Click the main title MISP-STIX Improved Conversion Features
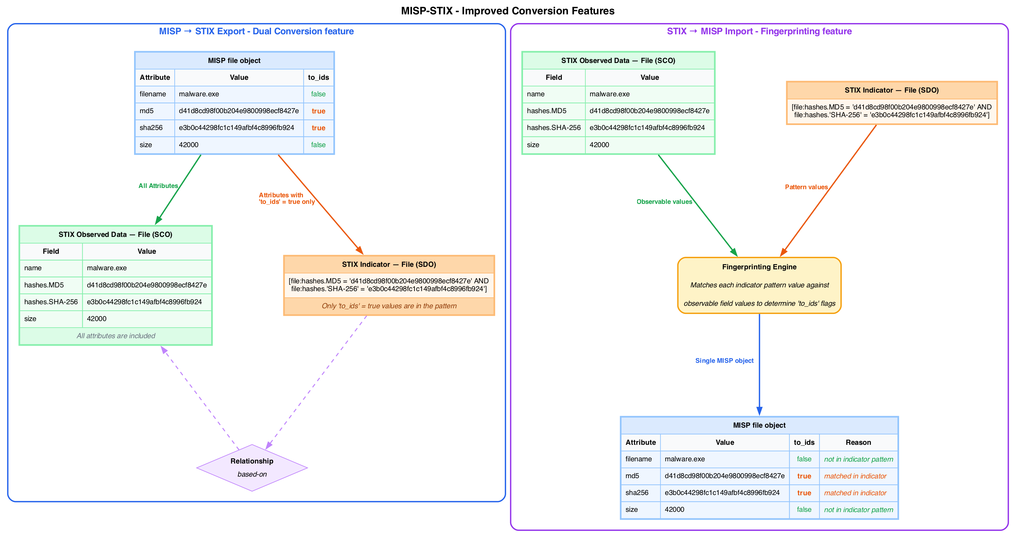[508, 11]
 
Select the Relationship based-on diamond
[252, 468]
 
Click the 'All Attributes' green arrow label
[158, 186]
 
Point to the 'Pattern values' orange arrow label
[806, 187]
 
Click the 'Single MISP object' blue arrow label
[724, 360]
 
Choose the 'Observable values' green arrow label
[664, 201]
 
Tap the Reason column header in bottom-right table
[858, 442]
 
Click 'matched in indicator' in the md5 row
[855, 476]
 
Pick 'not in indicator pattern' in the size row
[858, 510]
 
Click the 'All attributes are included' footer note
[116, 336]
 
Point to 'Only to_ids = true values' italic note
[389, 306]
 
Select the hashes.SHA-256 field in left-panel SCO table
[51, 302]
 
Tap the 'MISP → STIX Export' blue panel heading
[256, 31]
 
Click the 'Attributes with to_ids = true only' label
[286, 198]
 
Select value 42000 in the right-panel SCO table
[599, 145]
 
